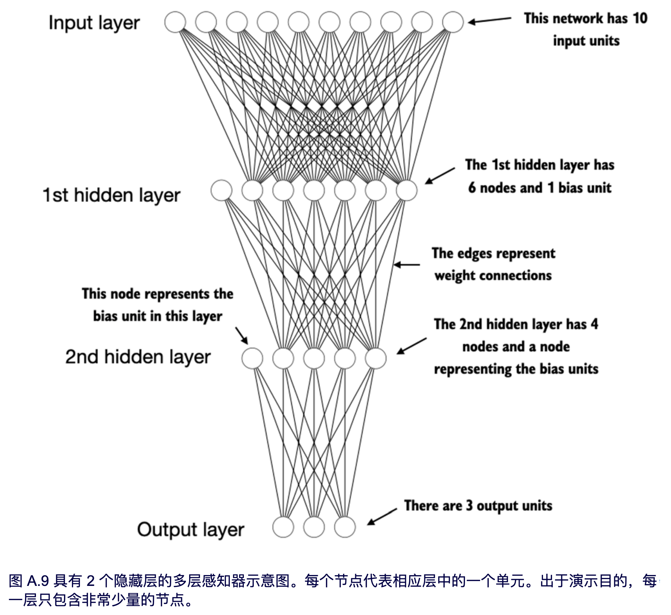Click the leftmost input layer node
tap(175, 22)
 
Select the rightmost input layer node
tap(453, 22)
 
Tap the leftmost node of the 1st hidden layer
tap(222, 190)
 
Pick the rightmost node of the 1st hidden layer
tap(407, 190)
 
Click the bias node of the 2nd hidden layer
tap(252, 359)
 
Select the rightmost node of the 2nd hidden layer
tap(376, 359)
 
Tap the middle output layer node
tap(314, 527)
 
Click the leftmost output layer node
tap(283, 527)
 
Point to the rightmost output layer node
tap(345, 527)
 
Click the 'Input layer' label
tap(94, 23)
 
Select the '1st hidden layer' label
tap(111, 195)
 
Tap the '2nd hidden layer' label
tap(138, 357)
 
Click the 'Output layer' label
tap(191, 530)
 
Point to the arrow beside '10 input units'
tap(489, 20)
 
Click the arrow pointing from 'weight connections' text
tap(407, 265)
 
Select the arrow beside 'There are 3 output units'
tap(382, 517)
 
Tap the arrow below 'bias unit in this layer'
tap(242, 336)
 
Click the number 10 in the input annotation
tap(640, 18)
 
